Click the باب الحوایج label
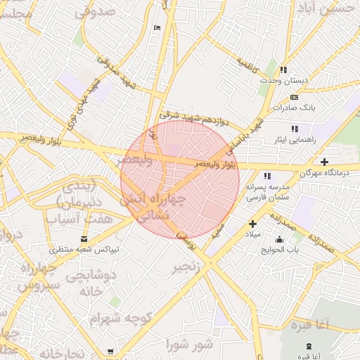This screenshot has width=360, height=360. (281, 250)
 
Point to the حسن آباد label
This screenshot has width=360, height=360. (334, 9)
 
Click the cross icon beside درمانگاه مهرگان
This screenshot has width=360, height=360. (324, 162)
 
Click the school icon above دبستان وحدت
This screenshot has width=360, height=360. (283, 70)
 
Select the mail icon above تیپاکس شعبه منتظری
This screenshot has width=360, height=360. (85, 240)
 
